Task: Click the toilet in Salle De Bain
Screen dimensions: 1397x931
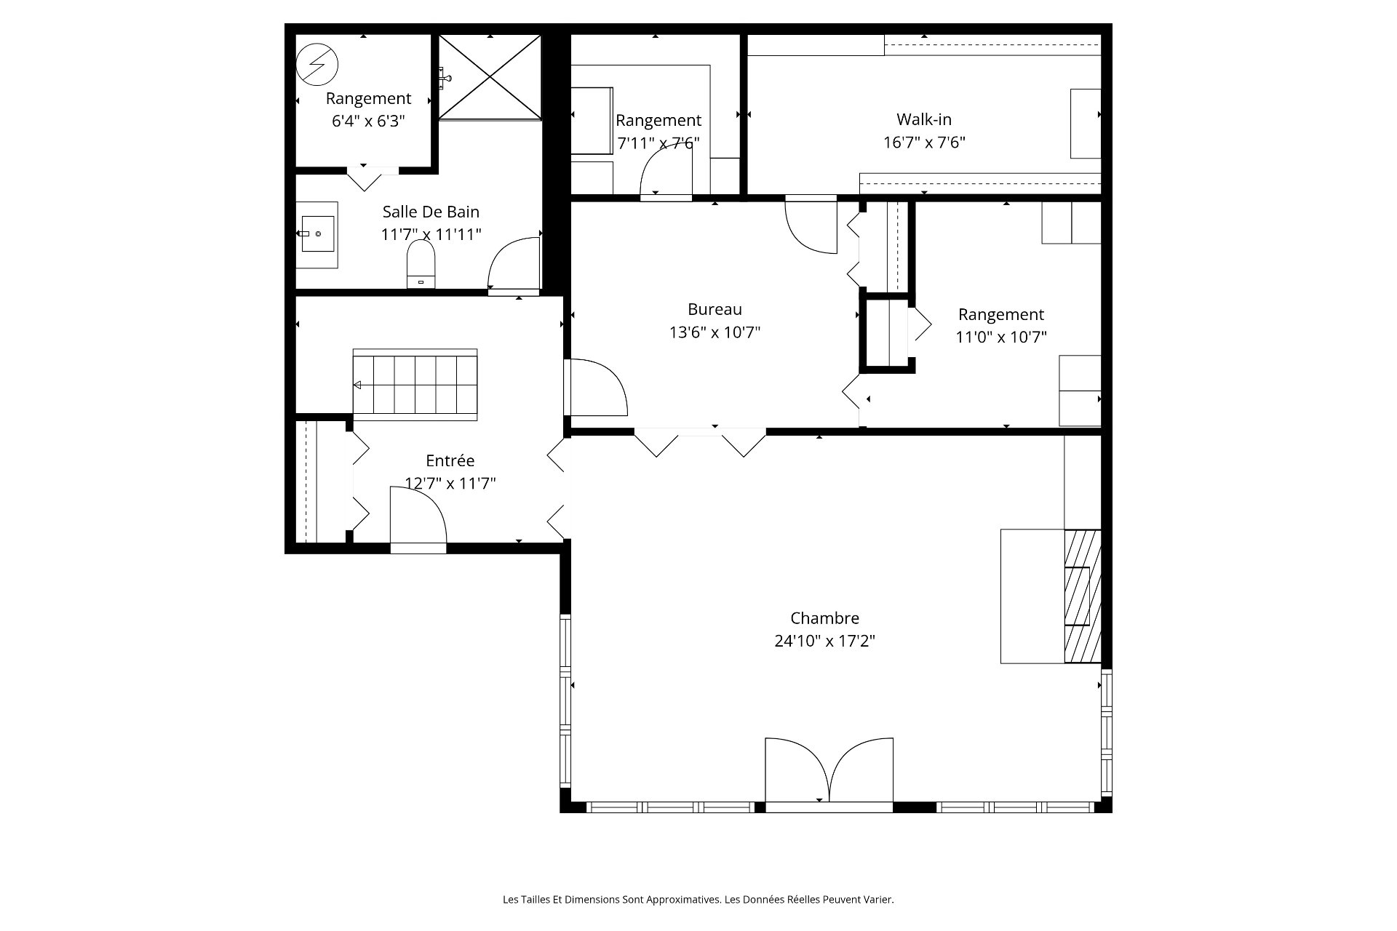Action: tap(421, 264)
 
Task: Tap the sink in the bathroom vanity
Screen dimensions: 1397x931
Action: tap(318, 233)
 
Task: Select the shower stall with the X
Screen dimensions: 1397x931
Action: tap(490, 76)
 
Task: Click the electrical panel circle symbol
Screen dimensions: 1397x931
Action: tap(317, 64)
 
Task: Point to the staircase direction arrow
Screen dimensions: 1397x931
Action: tap(357, 385)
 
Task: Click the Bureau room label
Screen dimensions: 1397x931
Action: tap(715, 309)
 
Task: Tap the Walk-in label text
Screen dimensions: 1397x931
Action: tap(924, 119)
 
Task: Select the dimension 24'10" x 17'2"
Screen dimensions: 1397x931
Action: tap(824, 641)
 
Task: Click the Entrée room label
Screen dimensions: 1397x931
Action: tap(450, 460)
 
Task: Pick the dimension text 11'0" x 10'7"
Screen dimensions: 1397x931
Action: tap(1000, 337)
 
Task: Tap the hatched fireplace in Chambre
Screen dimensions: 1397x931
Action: tap(1083, 596)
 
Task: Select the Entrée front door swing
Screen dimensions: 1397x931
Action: tap(418, 516)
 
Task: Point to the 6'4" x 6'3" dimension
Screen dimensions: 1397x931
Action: tap(368, 121)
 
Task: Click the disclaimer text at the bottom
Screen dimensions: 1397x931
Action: tap(698, 900)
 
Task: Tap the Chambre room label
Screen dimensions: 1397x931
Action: tap(824, 618)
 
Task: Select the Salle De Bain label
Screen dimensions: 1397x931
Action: tap(431, 212)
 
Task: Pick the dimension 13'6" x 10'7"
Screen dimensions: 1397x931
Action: tap(715, 332)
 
